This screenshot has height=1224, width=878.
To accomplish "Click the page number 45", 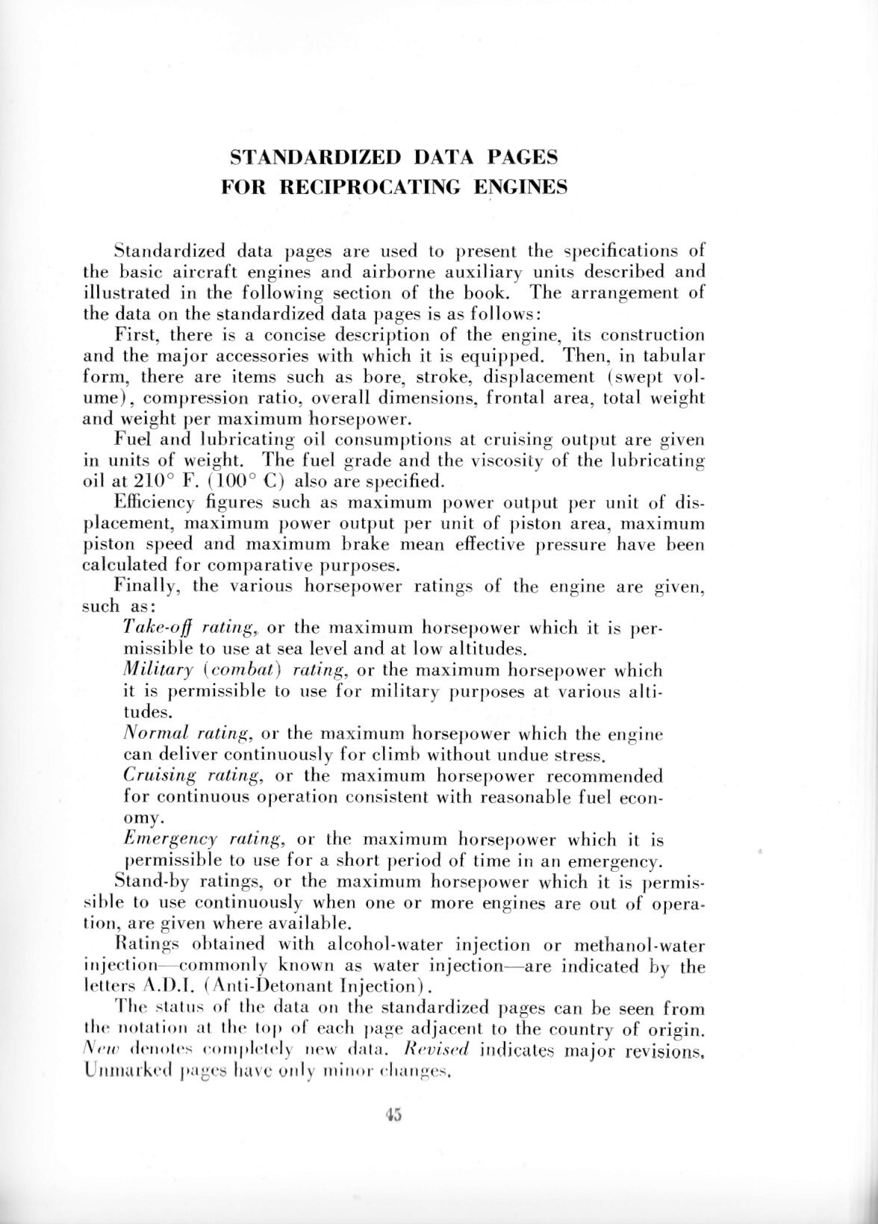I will (x=394, y=1115).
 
